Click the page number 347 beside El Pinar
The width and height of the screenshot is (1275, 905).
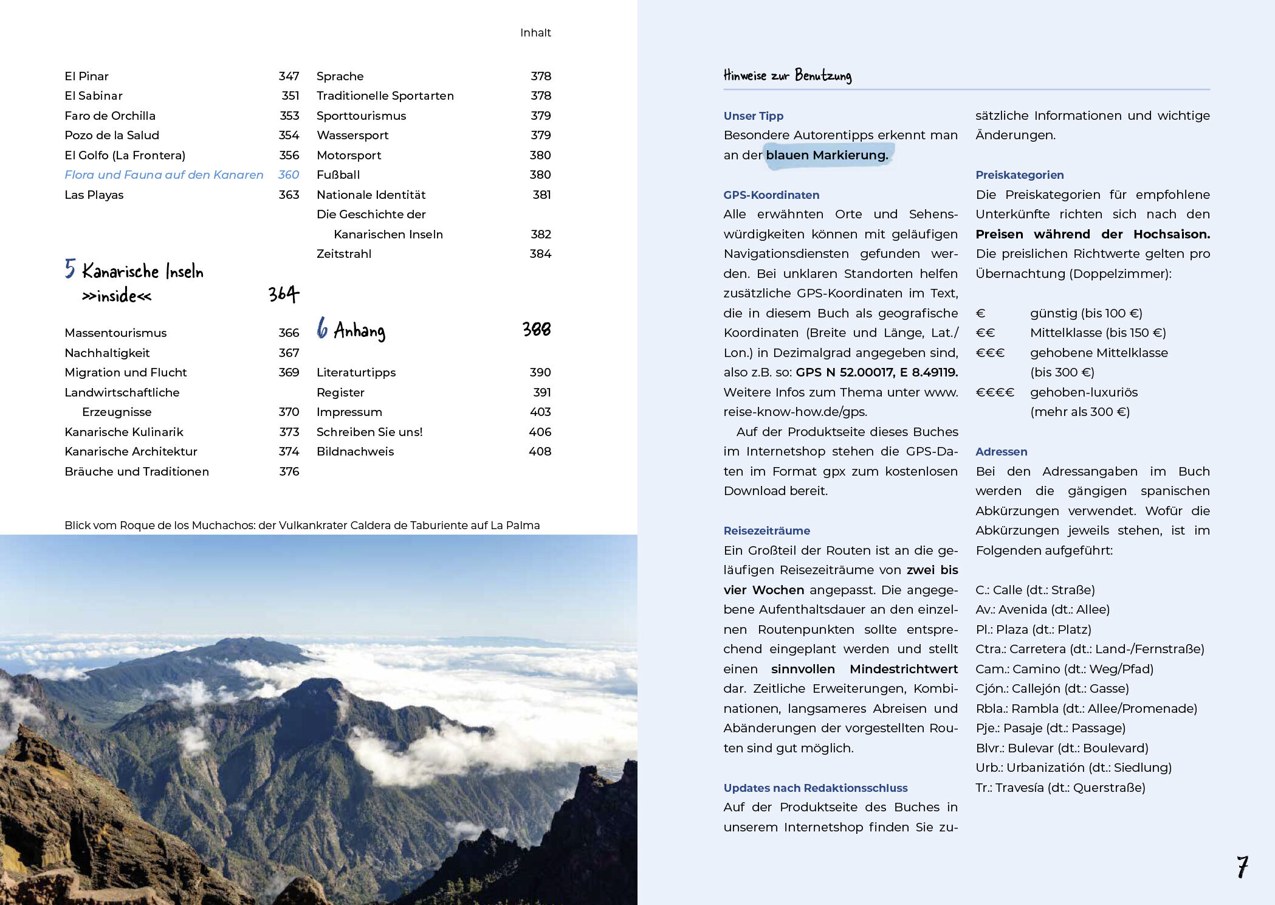289,76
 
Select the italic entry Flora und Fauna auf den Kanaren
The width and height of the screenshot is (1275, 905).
163,175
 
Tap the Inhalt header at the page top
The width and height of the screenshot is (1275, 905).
535,33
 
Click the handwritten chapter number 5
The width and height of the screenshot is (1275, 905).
70,268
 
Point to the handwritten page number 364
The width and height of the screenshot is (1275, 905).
284,294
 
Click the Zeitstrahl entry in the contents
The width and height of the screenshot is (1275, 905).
343,254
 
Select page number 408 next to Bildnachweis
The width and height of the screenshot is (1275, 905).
540,451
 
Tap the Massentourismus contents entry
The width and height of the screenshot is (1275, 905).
115,333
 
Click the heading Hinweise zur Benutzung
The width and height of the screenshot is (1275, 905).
787,76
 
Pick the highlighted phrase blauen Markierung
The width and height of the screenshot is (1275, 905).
827,155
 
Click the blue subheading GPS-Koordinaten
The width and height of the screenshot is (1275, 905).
771,195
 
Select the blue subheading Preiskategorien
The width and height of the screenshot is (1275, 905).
1019,175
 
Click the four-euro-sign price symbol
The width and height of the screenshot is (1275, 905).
994,392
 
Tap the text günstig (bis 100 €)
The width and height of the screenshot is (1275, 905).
1086,313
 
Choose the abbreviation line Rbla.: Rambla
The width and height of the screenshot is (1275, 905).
1086,709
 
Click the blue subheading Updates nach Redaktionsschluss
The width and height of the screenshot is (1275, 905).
815,788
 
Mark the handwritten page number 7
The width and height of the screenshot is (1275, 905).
1242,867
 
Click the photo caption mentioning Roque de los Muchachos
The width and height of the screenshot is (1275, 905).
302,525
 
